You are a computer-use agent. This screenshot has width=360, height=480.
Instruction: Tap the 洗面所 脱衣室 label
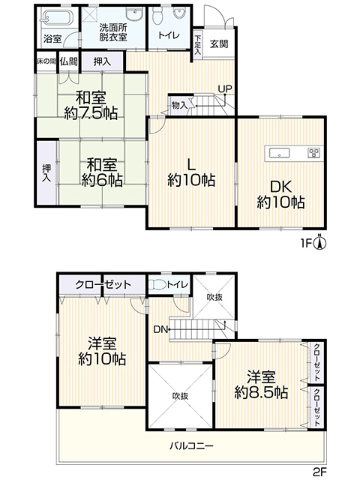113,32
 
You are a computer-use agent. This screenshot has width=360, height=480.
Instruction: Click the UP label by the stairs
225,88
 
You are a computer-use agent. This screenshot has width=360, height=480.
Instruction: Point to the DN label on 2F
160,329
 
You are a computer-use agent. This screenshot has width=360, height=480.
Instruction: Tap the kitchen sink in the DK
279,152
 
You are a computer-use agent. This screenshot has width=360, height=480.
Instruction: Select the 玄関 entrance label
219,43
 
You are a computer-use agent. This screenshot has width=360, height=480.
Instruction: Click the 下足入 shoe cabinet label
198,45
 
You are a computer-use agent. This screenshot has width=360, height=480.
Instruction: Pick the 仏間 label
68,61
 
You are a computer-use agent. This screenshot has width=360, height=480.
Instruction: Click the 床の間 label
46,61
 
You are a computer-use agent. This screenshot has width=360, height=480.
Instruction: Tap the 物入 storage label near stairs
179,106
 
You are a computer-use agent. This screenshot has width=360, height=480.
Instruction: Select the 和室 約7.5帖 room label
91,105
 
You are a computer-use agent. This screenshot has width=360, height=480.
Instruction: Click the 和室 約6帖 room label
102,172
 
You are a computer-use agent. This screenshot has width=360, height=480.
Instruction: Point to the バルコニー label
192,445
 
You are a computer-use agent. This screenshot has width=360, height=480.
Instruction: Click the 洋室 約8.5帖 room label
261,385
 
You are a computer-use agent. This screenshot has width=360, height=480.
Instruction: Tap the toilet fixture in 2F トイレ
157,284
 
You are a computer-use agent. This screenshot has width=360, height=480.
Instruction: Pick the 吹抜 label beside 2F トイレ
214,297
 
